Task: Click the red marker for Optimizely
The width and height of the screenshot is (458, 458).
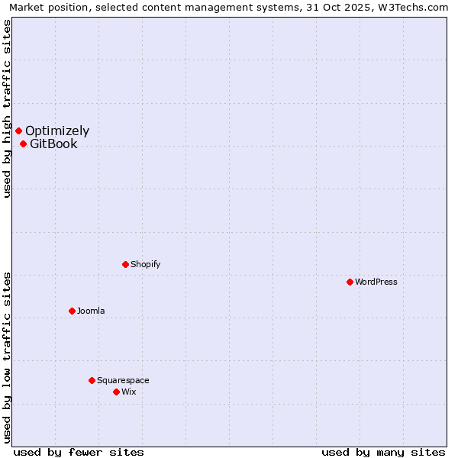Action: (19, 131)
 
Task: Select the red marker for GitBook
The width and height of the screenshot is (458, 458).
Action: (24, 144)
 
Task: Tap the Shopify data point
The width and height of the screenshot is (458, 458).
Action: (126, 264)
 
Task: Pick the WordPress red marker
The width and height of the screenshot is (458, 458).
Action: (350, 282)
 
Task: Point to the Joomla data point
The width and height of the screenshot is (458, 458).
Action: (73, 311)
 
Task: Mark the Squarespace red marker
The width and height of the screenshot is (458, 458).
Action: (92, 380)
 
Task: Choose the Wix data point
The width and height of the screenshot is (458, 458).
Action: (117, 392)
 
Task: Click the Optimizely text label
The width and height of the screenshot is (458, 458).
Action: (57, 131)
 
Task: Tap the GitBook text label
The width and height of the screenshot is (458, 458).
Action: (53, 144)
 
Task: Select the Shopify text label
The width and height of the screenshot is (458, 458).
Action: (145, 264)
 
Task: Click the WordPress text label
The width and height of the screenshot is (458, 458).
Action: (376, 282)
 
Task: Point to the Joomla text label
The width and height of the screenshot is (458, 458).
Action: (91, 311)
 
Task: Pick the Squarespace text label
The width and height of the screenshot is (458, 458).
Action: (123, 380)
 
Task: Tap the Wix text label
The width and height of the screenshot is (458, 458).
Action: (129, 392)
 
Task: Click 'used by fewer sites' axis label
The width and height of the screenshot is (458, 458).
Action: (79, 452)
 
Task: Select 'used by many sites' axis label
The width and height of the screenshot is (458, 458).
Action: (383, 452)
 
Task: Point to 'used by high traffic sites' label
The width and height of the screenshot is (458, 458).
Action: (7, 109)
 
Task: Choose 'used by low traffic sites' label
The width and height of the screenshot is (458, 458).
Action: (7, 357)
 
